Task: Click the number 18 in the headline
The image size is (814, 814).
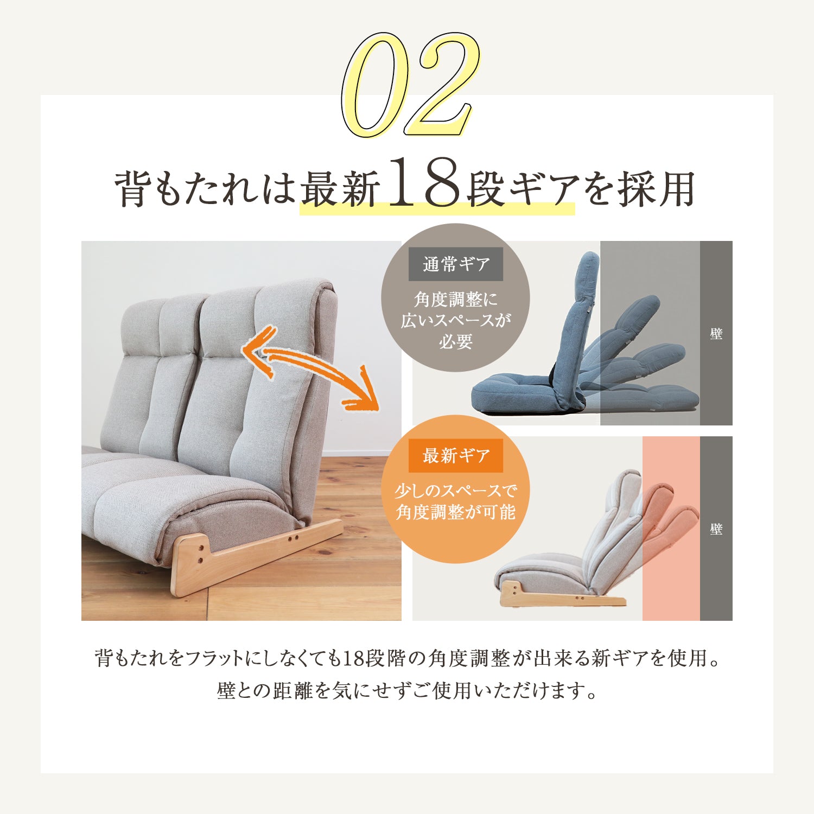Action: (x=425, y=183)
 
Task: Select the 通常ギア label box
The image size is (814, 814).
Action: (x=455, y=264)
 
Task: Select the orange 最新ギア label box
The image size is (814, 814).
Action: (x=455, y=455)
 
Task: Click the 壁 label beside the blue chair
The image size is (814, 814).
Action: (x=716, y=334)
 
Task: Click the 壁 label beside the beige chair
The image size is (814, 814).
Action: (x=716, y=529)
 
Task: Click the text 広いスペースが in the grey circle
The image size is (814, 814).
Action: (x=455, y=320)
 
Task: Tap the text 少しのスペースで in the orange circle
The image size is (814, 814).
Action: (x=455, y=491)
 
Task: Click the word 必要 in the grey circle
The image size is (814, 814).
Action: (x=455, y=342)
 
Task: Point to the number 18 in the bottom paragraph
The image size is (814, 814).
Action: (x=353, y=658)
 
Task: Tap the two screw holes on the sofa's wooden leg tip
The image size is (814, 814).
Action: (x=294, y=538)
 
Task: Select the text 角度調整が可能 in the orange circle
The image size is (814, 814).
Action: (x=455, y=512)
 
